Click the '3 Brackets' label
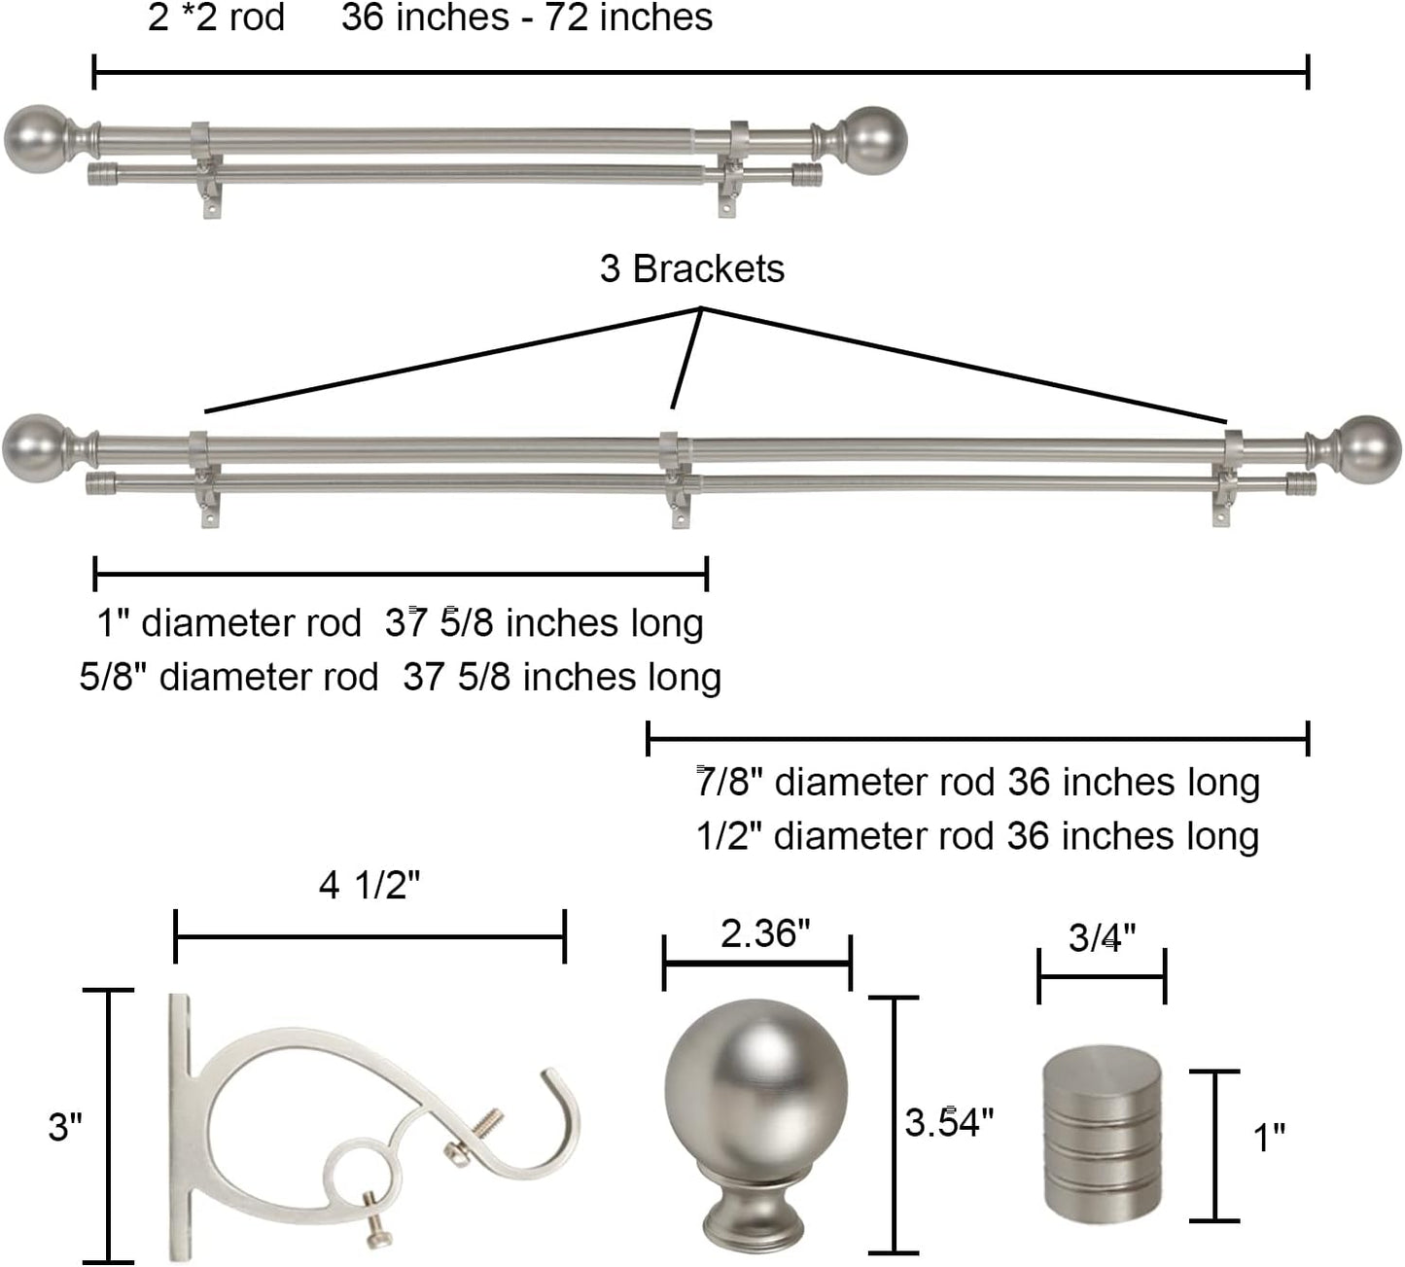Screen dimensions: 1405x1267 click(x=692, y=269)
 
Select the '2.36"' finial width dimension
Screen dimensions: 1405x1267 click(x=765, y=933)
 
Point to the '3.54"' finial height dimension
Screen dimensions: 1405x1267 click(x=949, y=1123)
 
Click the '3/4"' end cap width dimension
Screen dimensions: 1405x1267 click(x=1102, y=937)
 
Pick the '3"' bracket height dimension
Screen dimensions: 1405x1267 click(x=65, y=1128)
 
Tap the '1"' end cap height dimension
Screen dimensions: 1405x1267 click(x=1269, y=1138)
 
